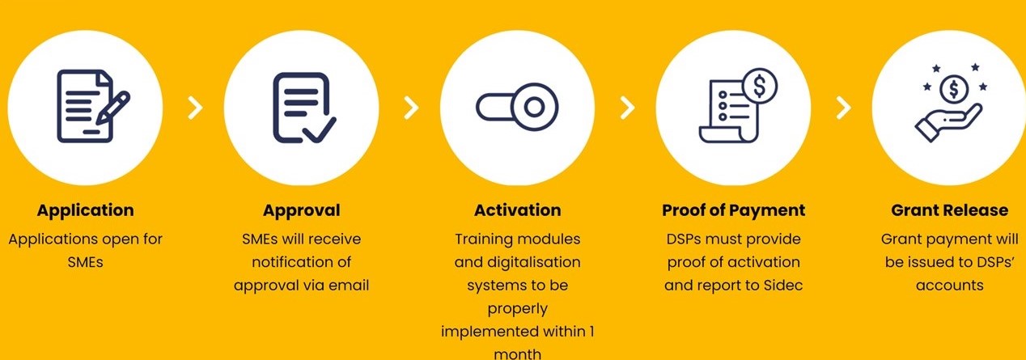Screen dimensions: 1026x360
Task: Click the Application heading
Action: coord(86,210)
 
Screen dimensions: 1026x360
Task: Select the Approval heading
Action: coord(301,210)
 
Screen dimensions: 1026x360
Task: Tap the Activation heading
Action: coord(518,210)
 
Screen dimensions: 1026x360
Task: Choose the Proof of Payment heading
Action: coord(733,210)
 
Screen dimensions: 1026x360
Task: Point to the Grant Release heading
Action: coord(949,210)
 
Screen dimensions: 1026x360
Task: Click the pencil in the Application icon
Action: coord(113,108)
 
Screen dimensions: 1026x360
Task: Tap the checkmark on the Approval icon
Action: coord(320,129)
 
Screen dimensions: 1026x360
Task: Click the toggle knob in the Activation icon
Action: coord(534,107)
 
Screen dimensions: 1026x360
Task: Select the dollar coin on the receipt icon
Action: coord(760,86)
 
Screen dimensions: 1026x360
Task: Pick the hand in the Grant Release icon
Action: coord(948,124)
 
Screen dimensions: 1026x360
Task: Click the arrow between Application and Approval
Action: coord(195,108)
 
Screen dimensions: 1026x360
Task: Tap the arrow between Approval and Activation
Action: coord(411,108)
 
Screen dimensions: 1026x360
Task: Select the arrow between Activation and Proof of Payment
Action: coord(628,108)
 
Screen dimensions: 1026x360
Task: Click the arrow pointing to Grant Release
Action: coord(844,108)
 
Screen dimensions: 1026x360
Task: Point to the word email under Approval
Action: coord(349,286)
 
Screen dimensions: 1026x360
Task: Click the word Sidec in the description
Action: coord(783,286)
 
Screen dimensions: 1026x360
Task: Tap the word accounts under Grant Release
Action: coord(949,286)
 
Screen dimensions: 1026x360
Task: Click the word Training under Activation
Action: coord(482,239)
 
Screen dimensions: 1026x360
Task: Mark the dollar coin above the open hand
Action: coord(954,89)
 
